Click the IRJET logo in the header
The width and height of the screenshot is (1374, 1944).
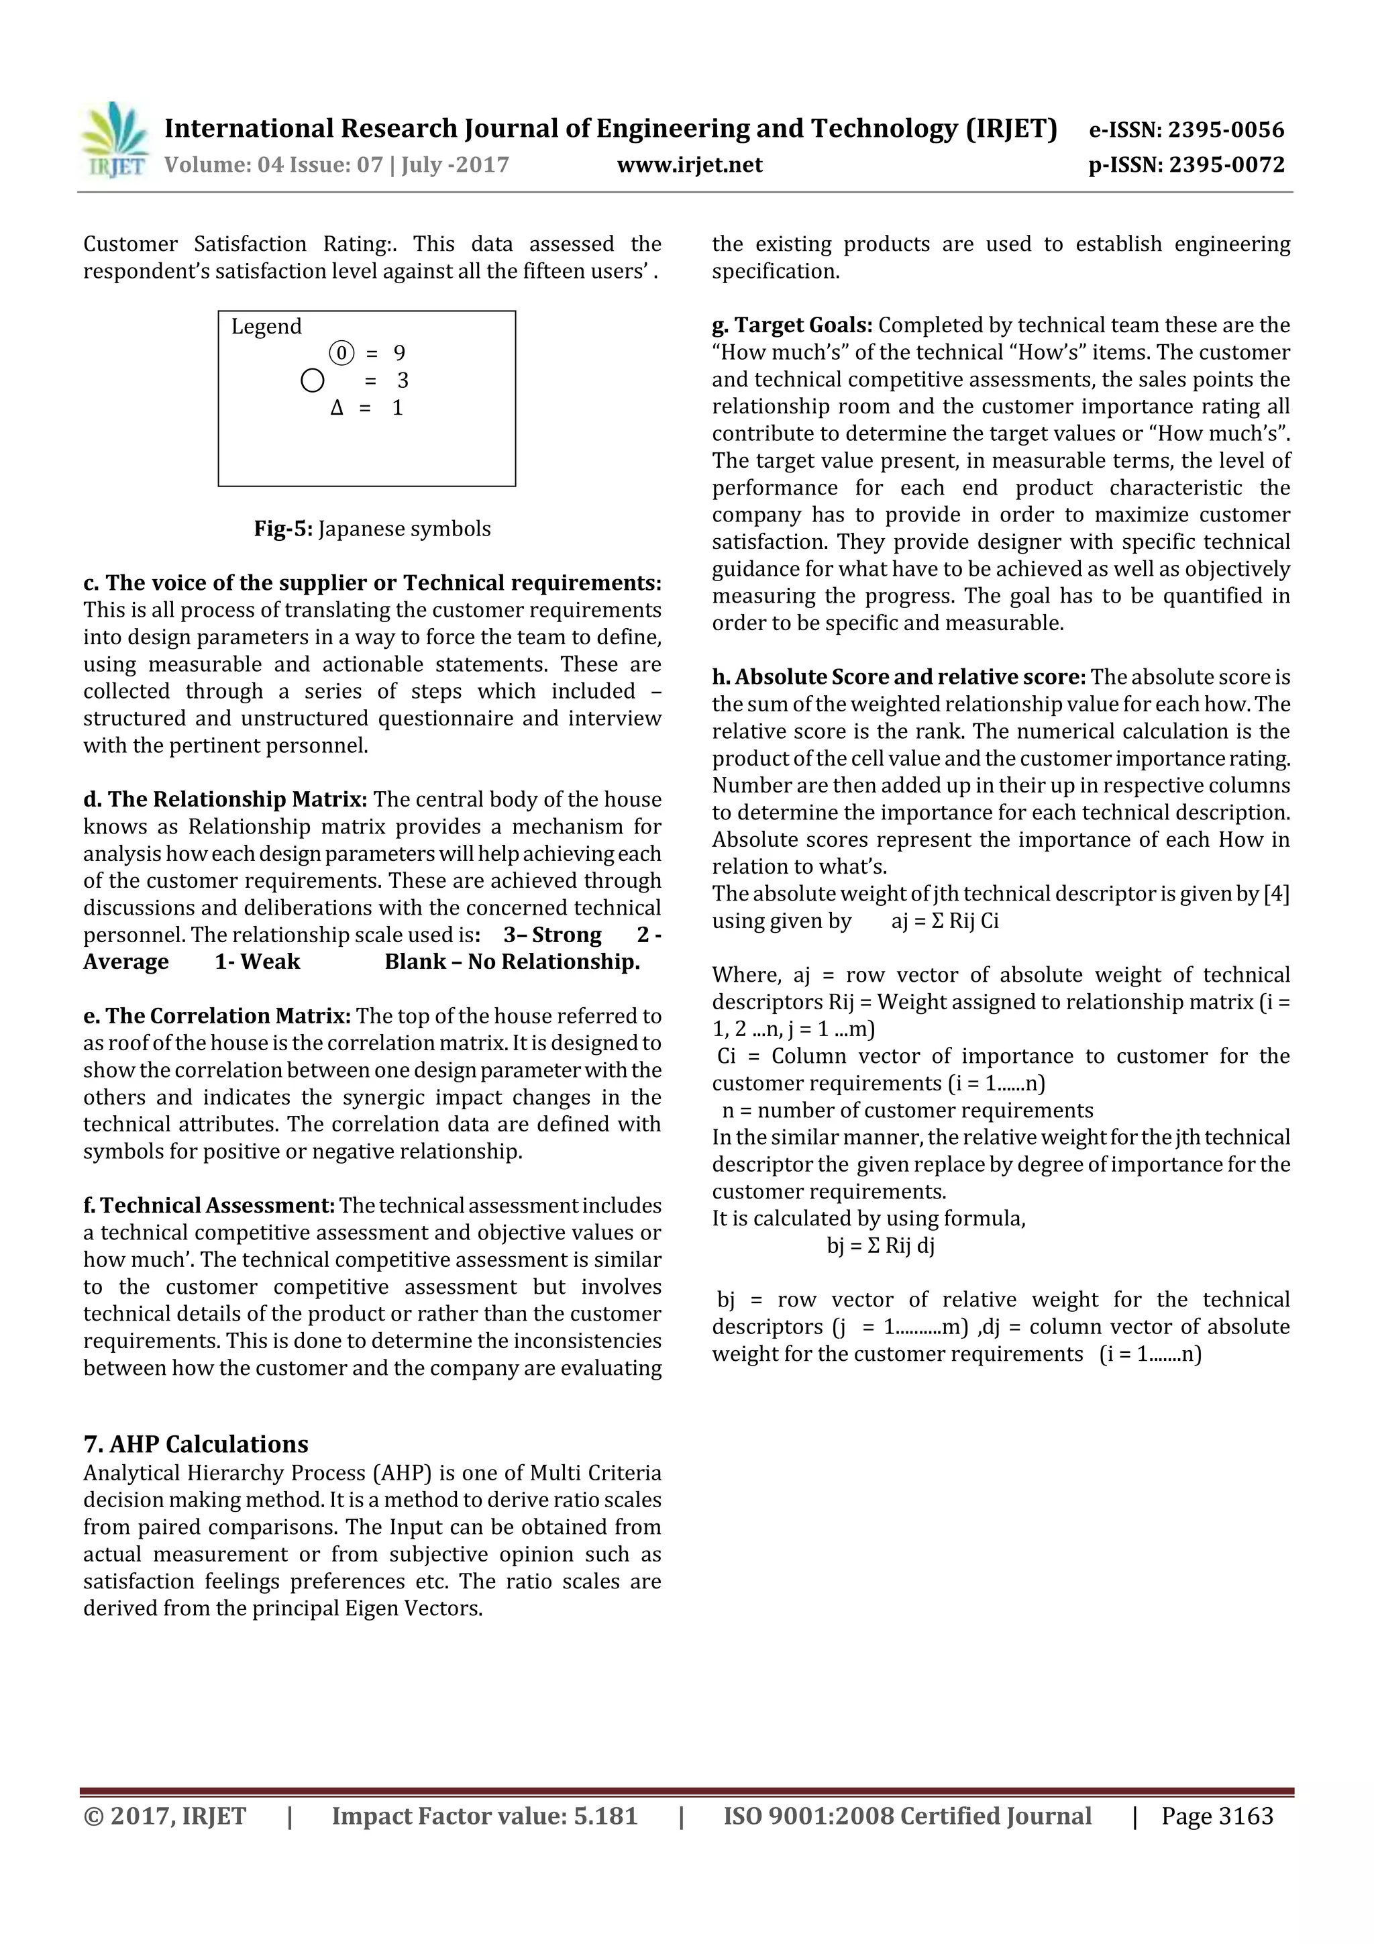[113, 140]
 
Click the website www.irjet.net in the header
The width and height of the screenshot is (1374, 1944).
[689, 164]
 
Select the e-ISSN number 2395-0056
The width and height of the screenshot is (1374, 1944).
[1226, 130]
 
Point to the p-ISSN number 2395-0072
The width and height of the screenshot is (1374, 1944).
[1226, 164]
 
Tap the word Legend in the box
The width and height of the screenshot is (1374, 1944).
[266, 327]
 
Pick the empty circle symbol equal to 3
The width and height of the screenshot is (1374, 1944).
[313, 380]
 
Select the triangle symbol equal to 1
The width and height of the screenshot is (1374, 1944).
[337, 408]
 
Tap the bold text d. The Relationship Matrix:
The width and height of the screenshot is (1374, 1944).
[225, 799]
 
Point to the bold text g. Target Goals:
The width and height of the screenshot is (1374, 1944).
[792, 325]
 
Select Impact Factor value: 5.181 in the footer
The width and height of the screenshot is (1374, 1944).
[484, 1815]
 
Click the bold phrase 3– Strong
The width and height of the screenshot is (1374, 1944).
[552, 935]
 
